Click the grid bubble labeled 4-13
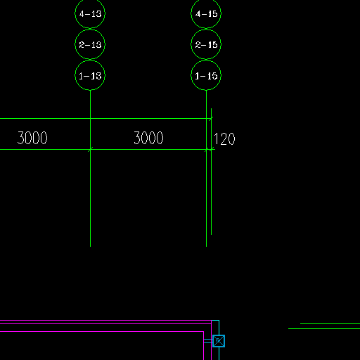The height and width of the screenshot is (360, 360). tap(90, 13)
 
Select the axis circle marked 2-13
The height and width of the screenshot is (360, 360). tap(90, 44)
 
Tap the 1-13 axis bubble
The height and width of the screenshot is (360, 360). tap(90, 75)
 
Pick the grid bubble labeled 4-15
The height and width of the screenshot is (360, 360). tap(206, 13)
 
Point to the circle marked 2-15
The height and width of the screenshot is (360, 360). tap(206, 44)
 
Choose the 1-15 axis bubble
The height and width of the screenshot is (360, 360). tap(206, 75)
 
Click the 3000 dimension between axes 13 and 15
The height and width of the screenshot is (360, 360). tap(148, 138)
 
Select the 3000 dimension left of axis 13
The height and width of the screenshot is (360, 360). tap(32, 138)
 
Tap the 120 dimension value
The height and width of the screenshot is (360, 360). tap(224, 139)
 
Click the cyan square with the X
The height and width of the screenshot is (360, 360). tap(219, 341)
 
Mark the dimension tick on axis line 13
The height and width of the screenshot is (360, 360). tap(90, 149)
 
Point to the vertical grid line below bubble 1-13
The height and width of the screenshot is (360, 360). tap(90, 169)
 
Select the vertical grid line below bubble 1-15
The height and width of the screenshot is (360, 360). tap(206, 169)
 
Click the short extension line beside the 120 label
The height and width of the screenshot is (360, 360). tap(211, 172)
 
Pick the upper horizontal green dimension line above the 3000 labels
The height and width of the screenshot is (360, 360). tap(106, 119)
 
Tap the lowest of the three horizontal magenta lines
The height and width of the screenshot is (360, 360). tap(102, 331)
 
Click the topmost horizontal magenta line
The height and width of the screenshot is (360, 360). tap(105, 320)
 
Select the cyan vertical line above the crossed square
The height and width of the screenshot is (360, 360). tap(219, 328)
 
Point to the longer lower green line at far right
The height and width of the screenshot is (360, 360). tap(324, 328)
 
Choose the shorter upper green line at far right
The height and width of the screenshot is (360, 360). tap(330, 323)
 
